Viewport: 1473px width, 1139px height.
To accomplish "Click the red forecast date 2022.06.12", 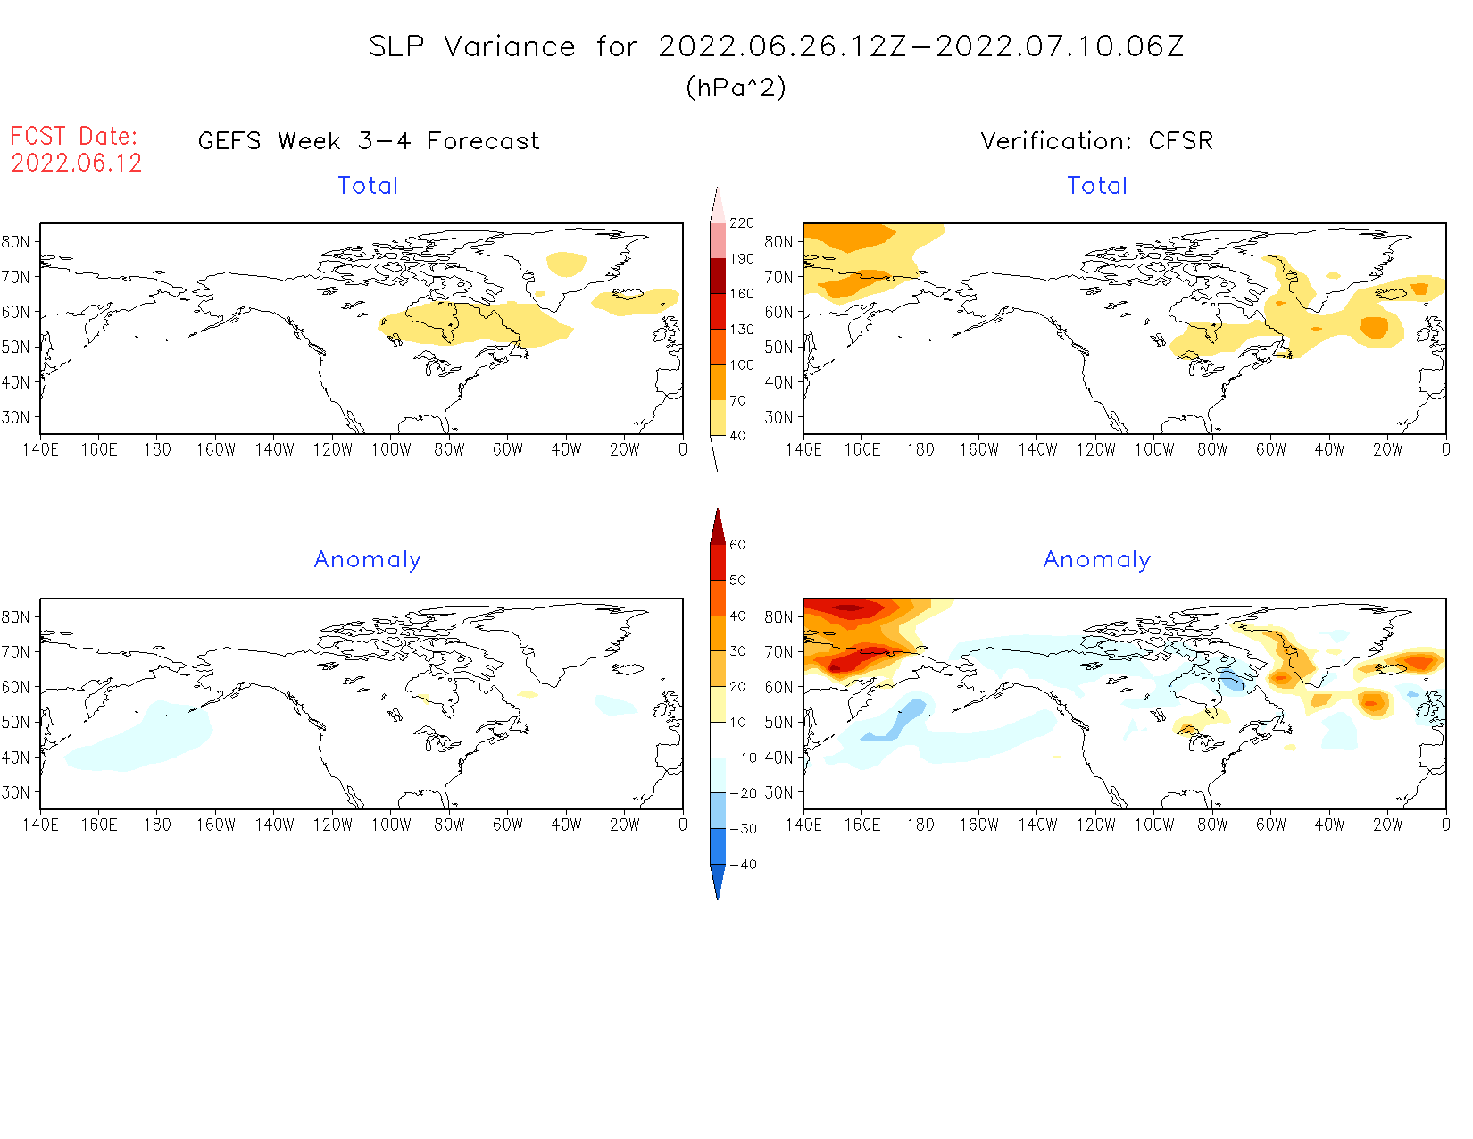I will click(x=77, y=163).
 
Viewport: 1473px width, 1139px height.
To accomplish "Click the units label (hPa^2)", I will click(x=736, y=88).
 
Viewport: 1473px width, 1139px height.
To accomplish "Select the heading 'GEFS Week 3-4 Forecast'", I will click(x=369, y=141).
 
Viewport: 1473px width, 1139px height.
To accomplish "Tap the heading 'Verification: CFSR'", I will click(x=1096, y=141).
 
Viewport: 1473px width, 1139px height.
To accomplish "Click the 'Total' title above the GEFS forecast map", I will click(x=368, y=186).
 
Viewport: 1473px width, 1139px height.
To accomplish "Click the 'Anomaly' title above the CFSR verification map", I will click(x=1096, y=560).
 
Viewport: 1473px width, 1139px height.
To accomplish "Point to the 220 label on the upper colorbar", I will click(x=741, y=223).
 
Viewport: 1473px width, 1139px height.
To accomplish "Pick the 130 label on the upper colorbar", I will click(x=741, y=330).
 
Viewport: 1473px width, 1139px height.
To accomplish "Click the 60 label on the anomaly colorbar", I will click(x=737, y=545).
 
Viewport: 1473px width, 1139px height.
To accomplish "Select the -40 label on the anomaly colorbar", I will click(x=743, y=865).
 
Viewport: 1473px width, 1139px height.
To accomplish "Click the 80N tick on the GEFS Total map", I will click(x=16, y=242).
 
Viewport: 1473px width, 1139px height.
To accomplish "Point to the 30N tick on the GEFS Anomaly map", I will click(x=16, y=792).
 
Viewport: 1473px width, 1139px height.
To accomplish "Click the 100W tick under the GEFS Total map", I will click(x=391, y=450).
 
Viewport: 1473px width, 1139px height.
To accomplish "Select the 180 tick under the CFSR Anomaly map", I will click(x=920, y=825).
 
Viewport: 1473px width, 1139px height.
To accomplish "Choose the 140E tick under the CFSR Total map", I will click(x=803, y=450).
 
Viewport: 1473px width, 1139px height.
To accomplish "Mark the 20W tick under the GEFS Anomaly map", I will click(x=624, y=825).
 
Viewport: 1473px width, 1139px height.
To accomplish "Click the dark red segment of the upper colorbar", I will click(x=718, y=275).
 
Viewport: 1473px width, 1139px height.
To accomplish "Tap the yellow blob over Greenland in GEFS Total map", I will click(x=566, y=264).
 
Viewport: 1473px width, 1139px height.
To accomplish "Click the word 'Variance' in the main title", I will click(x=510, y=46).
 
